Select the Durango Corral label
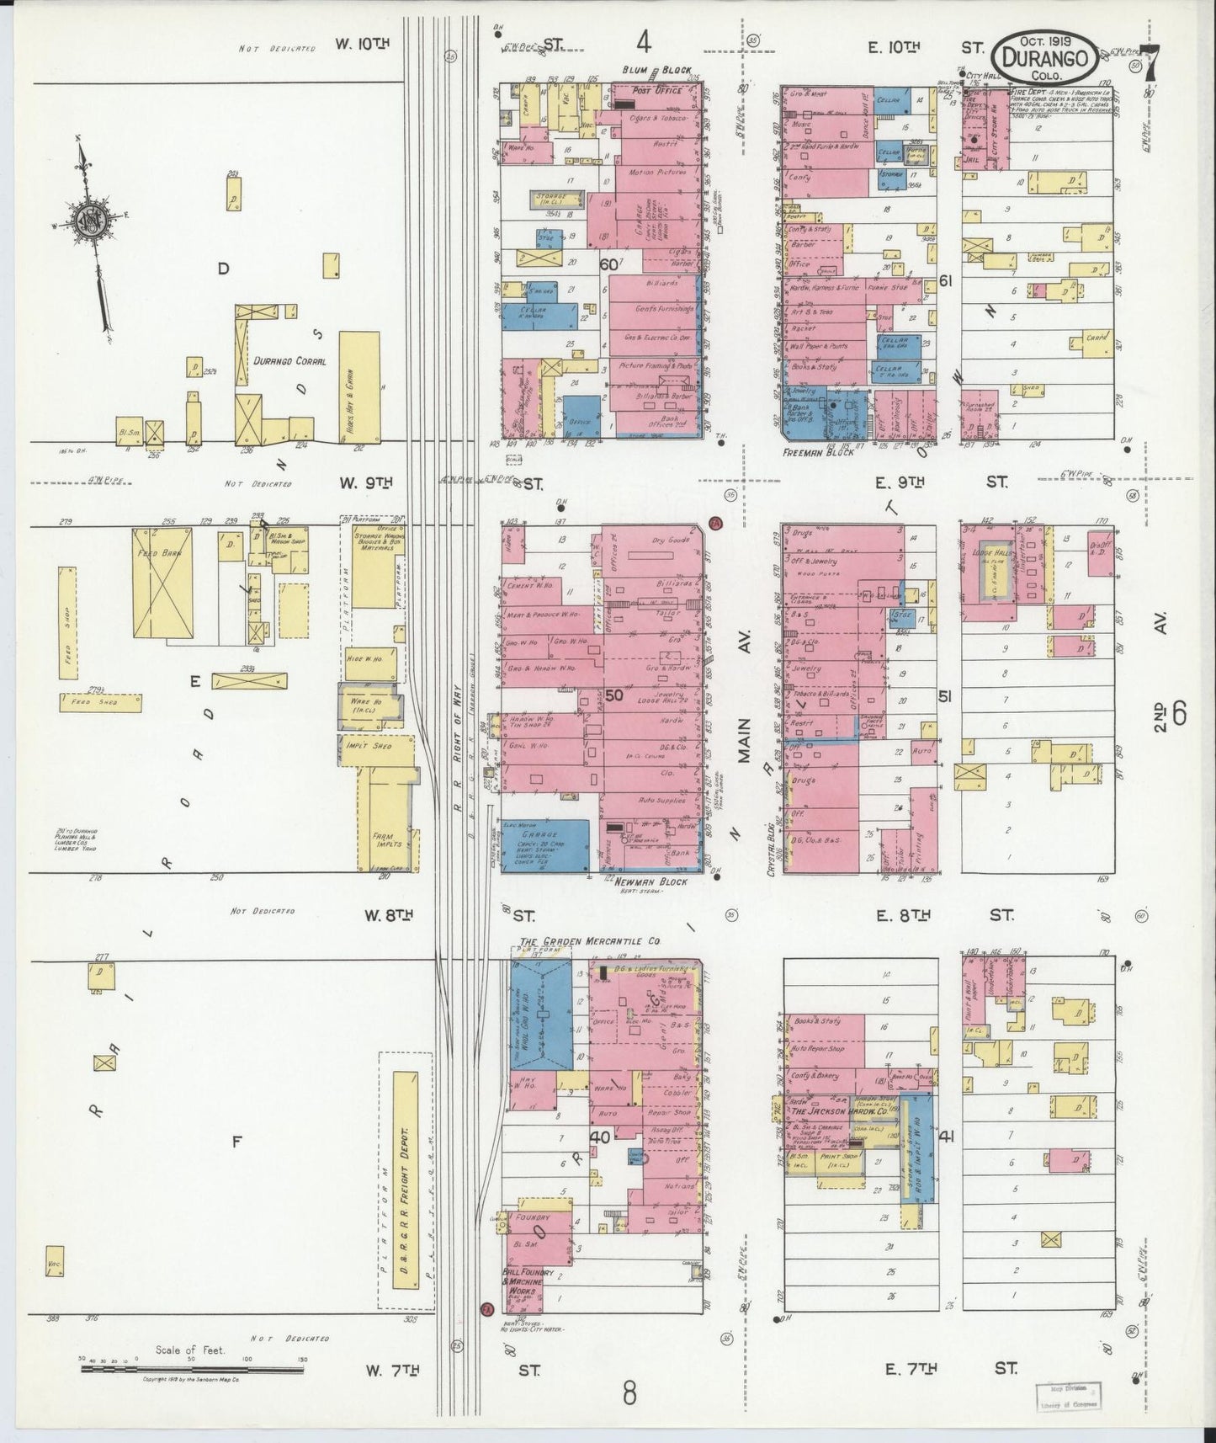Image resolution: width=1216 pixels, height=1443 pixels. point(289,360)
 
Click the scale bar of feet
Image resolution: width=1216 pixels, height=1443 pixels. point(193,1370)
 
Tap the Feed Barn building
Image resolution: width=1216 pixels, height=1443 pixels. point(162,584)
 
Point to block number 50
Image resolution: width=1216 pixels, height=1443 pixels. point(613,695)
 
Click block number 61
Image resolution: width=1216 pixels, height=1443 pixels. point(944,281)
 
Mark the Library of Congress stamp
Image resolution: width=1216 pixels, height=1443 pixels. point(1067,1394)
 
